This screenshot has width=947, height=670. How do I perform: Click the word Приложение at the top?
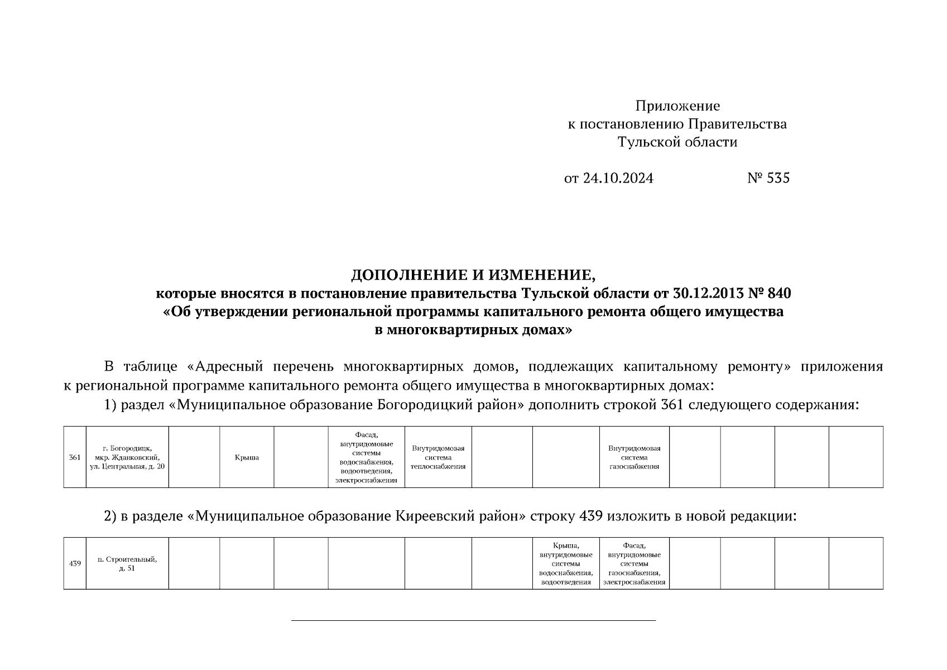677,106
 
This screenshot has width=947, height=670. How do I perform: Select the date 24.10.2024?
618,178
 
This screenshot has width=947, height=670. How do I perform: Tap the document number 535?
778,178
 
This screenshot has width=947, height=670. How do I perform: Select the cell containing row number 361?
75,457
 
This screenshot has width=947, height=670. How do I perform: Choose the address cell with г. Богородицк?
127,457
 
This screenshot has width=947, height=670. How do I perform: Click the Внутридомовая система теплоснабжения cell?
438,457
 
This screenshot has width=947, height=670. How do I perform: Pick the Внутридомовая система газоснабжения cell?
634,457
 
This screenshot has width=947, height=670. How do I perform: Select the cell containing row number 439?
75,563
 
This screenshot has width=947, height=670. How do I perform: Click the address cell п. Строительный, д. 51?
127,564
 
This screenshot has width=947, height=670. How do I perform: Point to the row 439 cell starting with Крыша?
566,563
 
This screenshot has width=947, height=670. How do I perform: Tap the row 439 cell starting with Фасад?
634,563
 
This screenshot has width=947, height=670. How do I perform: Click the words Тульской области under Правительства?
677,142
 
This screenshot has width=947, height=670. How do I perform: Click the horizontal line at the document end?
473,620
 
